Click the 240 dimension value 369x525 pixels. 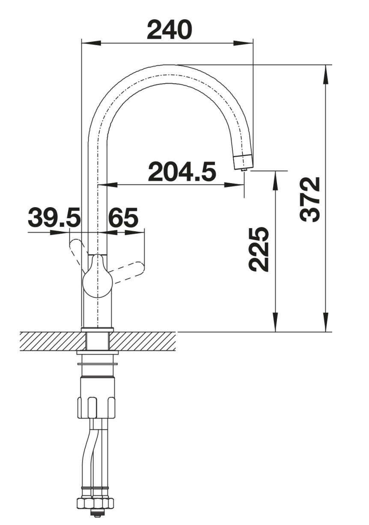169,30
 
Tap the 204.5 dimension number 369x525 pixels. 182,172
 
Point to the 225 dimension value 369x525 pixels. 259,249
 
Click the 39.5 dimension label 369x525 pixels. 54,218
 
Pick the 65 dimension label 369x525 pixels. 123,218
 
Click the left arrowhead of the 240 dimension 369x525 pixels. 91,43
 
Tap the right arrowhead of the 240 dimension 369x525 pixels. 243,43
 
